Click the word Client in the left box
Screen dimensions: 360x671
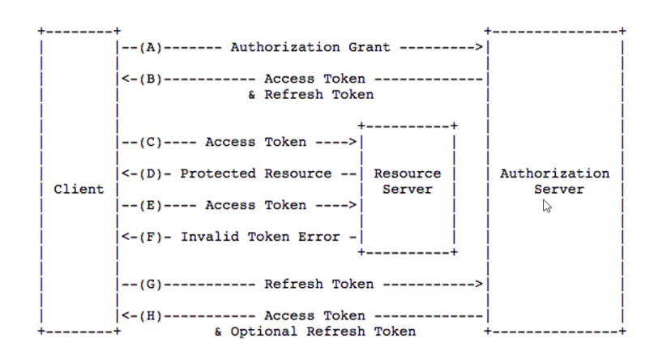[79, 189]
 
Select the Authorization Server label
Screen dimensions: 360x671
[554, 182]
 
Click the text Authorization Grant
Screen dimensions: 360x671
[310, 47]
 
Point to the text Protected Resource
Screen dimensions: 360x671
[255, 174]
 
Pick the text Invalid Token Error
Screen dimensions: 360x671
[259, 237]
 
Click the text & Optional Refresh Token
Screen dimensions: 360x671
[314, 332]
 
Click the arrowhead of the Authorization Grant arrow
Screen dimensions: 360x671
[480, 47]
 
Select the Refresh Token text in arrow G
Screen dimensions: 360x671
[318, 284]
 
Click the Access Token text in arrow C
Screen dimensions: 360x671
[255, 142]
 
